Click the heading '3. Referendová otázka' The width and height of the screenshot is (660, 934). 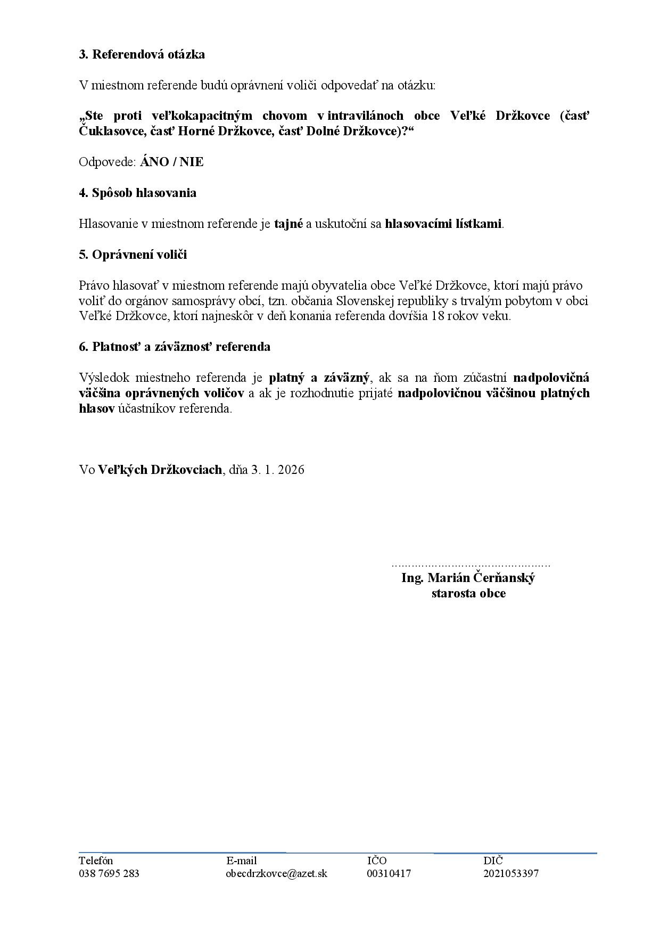coord(142,54)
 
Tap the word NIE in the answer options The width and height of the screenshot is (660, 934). coord(192,162)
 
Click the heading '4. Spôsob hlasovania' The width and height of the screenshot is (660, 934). coord(137,193)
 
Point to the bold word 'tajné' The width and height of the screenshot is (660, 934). coord(288,224)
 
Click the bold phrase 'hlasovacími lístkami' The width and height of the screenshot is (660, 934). coord(443,224)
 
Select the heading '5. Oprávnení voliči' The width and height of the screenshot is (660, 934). coord(133,255)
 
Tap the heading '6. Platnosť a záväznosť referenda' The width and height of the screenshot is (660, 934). coord(175,347)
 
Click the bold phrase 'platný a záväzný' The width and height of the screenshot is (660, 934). coord(319,378)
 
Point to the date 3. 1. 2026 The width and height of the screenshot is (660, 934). coord(278,470)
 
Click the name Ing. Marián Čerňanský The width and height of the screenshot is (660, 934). coord(468,578)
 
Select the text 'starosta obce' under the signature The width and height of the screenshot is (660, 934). coord(468,593)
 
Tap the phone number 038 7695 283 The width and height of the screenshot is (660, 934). coord(109,874)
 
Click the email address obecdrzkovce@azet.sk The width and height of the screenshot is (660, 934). coord(277,874)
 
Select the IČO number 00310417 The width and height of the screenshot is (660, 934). coord(389,874)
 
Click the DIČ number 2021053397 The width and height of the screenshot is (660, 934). coord(511,874)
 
